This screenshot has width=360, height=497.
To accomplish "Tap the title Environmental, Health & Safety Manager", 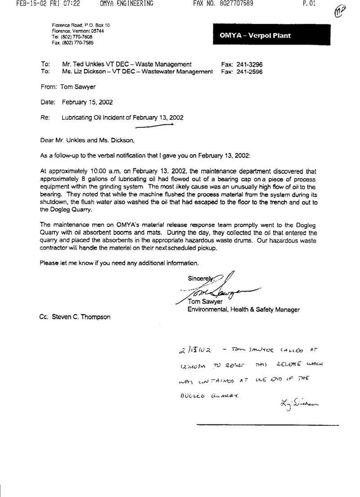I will (x=243, y=309).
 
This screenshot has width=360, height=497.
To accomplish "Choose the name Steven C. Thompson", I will (x=81, y=316).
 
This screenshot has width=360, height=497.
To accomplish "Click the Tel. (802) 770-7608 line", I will (x=72, y=36).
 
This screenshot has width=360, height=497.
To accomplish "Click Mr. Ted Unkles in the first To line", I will (x=81, y=64).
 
